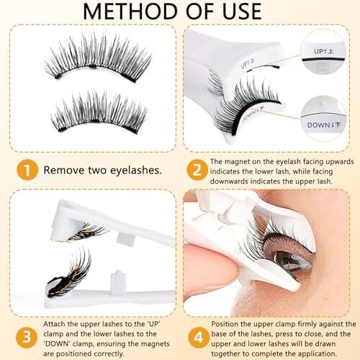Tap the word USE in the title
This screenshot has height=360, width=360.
pyautogui.click(x=242, y=12)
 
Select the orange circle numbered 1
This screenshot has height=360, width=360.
pyautogui.click(x=27, y=170)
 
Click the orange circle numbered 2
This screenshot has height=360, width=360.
pyautogui.click(x=197, y=170)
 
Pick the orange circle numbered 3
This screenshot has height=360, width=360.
pyautogui.click(x=27, y=337)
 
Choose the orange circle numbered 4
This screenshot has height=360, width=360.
pyautogui.click(x=198, y=337)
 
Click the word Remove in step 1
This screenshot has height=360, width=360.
pyautogui.click(x=64, y=170)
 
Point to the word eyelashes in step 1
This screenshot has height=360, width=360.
pyautogui.click(x=136, y=170)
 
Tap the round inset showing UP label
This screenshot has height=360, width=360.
pyautogui.click(x=323, y=51)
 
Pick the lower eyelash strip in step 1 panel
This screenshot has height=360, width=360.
pyautogui.click(x=99, y=112)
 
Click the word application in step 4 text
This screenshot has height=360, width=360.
pyautogui.click(x=312, y=354)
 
